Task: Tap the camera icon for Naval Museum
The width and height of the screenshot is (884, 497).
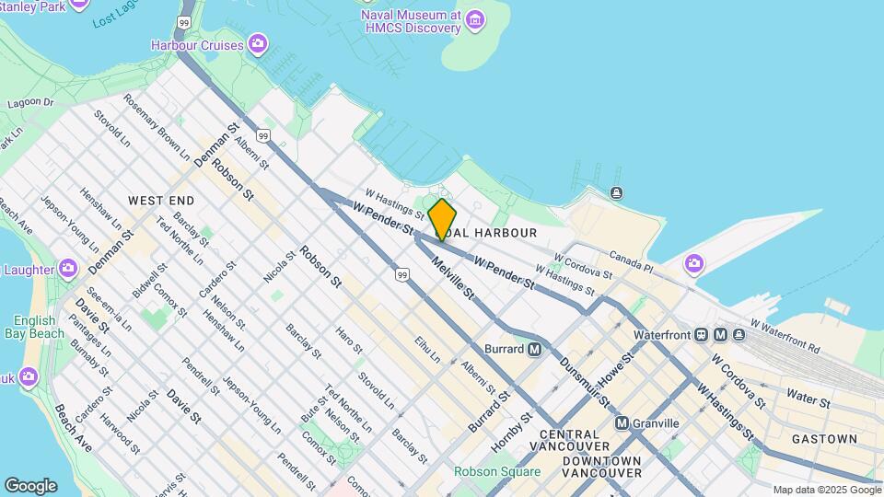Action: tap(475, 19)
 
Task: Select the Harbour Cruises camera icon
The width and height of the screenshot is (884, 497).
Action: tap(258, 43)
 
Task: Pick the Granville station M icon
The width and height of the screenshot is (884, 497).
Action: tap(622, 423)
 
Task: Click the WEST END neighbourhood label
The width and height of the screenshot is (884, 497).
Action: tap(161, 200)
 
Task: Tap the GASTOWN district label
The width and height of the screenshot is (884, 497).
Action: tap(824, 439)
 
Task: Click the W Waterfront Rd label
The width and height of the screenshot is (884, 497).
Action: tap(785, 338)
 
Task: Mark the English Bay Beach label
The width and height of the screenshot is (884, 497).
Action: tap(34, 327)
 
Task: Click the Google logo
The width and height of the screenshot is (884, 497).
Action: tap(30, 485)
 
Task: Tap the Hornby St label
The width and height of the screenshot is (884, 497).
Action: tap(512, 429)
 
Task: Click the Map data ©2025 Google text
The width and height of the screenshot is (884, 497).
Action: tap(826, 490)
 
